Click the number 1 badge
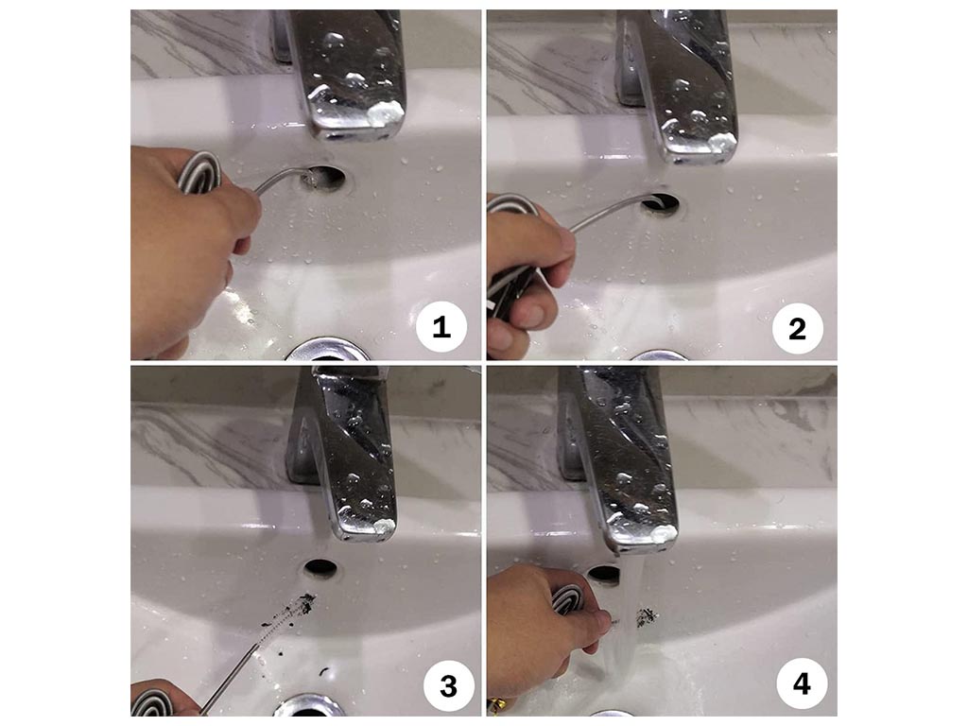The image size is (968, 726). tap(441, 327)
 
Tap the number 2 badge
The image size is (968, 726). tap(798, 328)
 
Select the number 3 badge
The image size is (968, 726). tap(449, 686)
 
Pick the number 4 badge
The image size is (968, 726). tap(802, 683)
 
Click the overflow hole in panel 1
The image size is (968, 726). tap(324, 177)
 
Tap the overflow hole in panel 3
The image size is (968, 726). tap(321, 567)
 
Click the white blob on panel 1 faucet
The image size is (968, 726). tap(386, 113)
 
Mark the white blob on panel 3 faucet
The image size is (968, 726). tap(384, 527)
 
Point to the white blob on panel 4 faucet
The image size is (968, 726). tap(665, 535)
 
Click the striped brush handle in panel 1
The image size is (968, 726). tap(199, 172)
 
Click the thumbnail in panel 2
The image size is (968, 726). tap(529, 316)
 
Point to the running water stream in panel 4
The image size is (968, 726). tap(624, 617)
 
